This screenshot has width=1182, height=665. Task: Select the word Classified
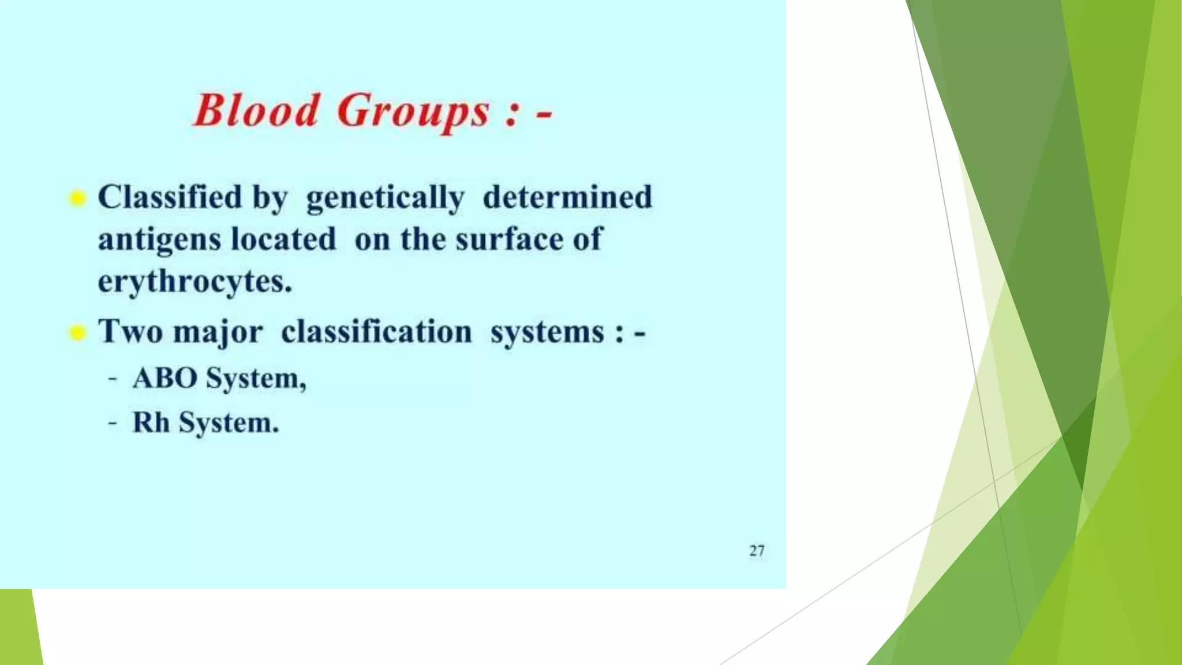click(x=170, y=197)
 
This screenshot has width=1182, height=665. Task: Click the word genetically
click(x=385, y=199)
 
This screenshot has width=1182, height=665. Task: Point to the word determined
click(x=567, y=197)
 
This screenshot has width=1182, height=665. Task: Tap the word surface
click(x=508, y=240)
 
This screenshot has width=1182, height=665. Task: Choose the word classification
click(x=376, y=331)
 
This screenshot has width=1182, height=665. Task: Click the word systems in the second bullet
click(x=547, y=332)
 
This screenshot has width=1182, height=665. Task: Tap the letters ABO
click(x=165, y=379)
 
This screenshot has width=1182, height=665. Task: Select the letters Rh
click(x=151, y=423)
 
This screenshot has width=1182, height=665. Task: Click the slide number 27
click(x=757, y=551)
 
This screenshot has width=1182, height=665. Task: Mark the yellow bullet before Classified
click(x=77, y=199)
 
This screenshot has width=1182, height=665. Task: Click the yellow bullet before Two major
click(x=77, y=333)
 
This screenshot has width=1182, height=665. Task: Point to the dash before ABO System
click(x=113, y=379)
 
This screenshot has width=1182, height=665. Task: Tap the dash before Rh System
click(x=113, y=423)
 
